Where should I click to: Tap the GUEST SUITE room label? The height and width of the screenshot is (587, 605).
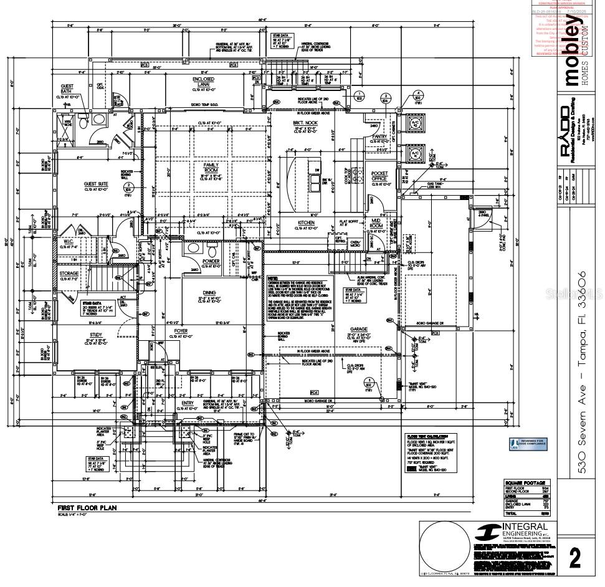pyautogui.click(x=97, y=184)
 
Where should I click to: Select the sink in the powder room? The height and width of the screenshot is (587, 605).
pyautogui.click(x=194, y=248)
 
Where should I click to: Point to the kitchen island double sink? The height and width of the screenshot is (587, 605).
pyautogui.click(x=309, y=181)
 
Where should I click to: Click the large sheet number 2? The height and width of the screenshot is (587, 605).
pyautogui.click(x=574, y=557)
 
